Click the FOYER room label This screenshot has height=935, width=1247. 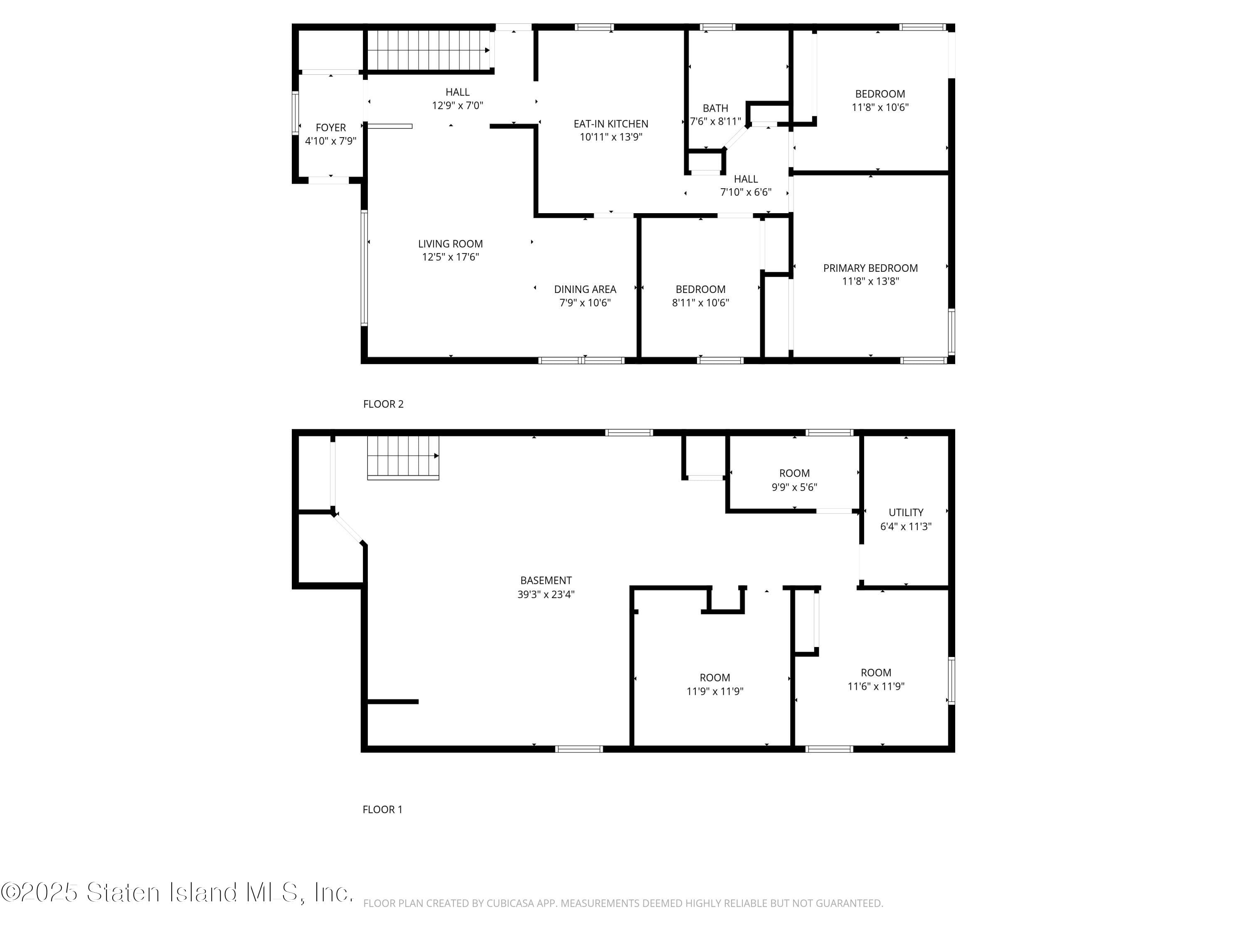(331, 128)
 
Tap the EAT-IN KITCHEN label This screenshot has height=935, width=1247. (611, 124)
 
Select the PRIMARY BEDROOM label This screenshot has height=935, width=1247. (870, 268)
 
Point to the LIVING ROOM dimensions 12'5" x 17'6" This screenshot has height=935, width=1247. (451, 257)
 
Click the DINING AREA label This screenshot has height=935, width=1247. (585, 290)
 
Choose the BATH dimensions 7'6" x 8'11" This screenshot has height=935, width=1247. (715, 121)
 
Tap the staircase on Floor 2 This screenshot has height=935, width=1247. (429, 50)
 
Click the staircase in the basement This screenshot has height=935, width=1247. (403, 457)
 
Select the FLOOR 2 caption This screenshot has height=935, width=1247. (383, 404)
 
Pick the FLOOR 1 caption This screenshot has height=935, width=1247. (383, 810)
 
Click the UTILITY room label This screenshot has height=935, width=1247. (906, 513)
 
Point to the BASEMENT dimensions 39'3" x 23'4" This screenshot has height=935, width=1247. (546, 594)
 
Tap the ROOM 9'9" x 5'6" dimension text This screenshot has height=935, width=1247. (794, 487)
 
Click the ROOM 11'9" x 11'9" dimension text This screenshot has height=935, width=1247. (715, 691)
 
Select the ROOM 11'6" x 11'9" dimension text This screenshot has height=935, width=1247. (876, 686)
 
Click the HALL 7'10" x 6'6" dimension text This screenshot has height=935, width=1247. (746, 192)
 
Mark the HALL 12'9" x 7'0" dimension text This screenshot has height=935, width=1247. (458, 106)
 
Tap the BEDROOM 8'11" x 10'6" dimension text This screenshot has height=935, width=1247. (701, 303)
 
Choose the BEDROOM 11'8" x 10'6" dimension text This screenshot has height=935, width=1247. (880, 107)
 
